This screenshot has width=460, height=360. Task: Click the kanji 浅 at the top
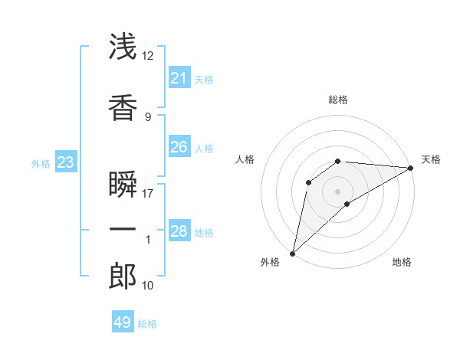tap(123, 46)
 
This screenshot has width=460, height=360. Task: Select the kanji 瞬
tap(123, 184)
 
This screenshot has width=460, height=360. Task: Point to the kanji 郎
tap(123, 276)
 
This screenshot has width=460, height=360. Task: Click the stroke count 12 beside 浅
tap(147, 56)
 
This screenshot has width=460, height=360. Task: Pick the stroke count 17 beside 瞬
tap(147, 194)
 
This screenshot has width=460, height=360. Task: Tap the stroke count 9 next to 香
tap(148, 117)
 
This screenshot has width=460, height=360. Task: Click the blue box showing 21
tap(179, 77)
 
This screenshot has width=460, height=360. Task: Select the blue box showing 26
tap(179, 146)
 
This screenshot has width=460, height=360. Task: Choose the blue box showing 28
tap(179, 230)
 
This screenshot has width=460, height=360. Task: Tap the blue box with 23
tap(66, 162)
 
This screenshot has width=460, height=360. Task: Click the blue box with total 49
tap(123, 321)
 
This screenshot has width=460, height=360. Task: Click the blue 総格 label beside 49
tap(147, 324)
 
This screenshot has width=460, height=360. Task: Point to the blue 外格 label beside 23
tap(41, 164)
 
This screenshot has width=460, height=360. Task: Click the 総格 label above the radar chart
tap(338, 100)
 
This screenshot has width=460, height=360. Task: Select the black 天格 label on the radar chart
tap(431, 159)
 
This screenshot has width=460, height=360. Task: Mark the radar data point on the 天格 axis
tap(411, 168)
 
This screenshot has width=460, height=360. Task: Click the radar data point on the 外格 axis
tap(292, 254)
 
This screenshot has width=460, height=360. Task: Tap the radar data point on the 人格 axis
tap(308, 182)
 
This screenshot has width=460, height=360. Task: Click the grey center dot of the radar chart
tap(337, 191)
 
